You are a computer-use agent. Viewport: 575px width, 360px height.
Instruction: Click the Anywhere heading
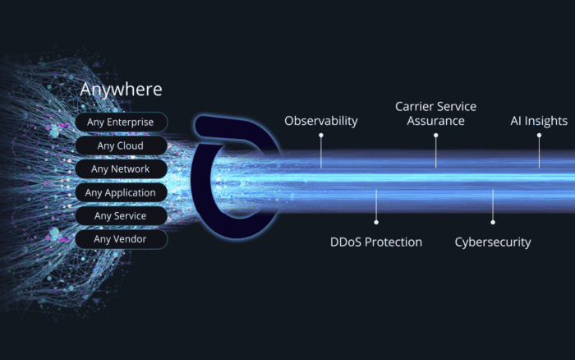[121, 90]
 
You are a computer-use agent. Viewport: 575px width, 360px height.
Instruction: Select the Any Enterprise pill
[121, 122]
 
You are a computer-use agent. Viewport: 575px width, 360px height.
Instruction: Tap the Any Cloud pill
[121, 145]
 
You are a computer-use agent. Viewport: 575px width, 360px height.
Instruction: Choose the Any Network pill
[121, 168]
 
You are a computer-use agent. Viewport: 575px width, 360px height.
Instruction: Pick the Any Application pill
[121, 192]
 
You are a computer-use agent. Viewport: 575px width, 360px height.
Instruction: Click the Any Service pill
[121, 216]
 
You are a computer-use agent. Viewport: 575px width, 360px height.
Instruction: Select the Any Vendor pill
[121, 239]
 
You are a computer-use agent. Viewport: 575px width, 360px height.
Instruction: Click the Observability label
[321, 121]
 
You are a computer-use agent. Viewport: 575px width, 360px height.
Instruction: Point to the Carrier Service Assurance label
[435, 113]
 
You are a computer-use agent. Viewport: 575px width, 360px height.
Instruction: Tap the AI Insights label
[539, 121]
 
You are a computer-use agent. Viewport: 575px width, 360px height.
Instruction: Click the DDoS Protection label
[376, 242]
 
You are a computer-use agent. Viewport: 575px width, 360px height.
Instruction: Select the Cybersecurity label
[493, 242]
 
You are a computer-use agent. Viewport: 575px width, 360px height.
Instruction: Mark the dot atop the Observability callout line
[321, 136]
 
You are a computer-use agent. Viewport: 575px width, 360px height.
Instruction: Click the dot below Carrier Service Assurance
[435, 136]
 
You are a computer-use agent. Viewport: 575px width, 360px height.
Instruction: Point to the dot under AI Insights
[539, 136]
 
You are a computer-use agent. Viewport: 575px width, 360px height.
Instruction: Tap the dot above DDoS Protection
[376, 223]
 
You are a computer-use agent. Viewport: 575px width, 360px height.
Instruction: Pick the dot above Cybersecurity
[493, 223]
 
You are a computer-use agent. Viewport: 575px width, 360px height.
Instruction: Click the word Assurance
[435, 121]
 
